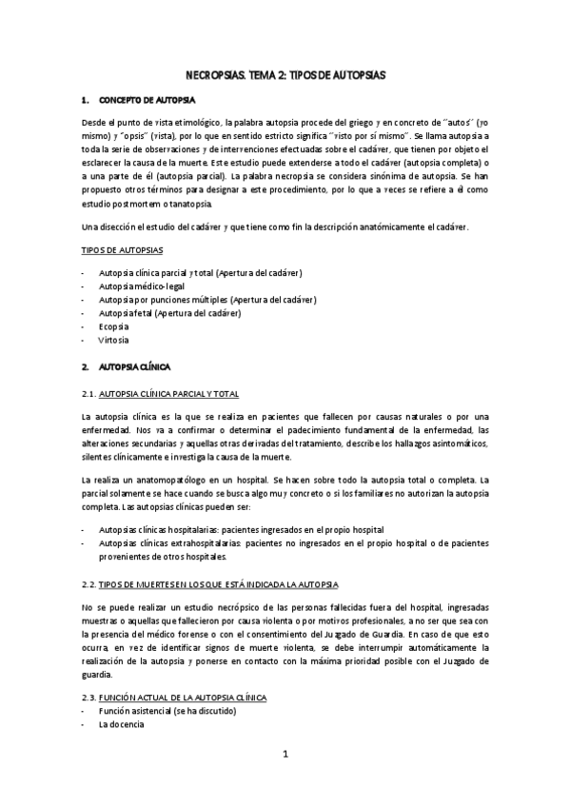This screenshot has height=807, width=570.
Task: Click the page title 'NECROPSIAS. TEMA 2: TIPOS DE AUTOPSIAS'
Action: (x=285, y=74)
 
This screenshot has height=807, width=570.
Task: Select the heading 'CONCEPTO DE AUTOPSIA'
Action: (x=147, y=99)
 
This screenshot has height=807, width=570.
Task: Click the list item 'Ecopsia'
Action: (x=114, y=326)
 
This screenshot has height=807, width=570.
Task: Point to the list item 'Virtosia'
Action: (x=114, y=340)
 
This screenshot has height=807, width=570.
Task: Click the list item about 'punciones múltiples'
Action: (x=207, y=300)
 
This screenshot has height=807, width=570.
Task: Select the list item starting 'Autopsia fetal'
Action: (x=169, y=313)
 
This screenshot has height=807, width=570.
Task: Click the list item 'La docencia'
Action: (x=122, y=725)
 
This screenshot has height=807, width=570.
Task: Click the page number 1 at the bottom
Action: (x=285, y=756)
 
